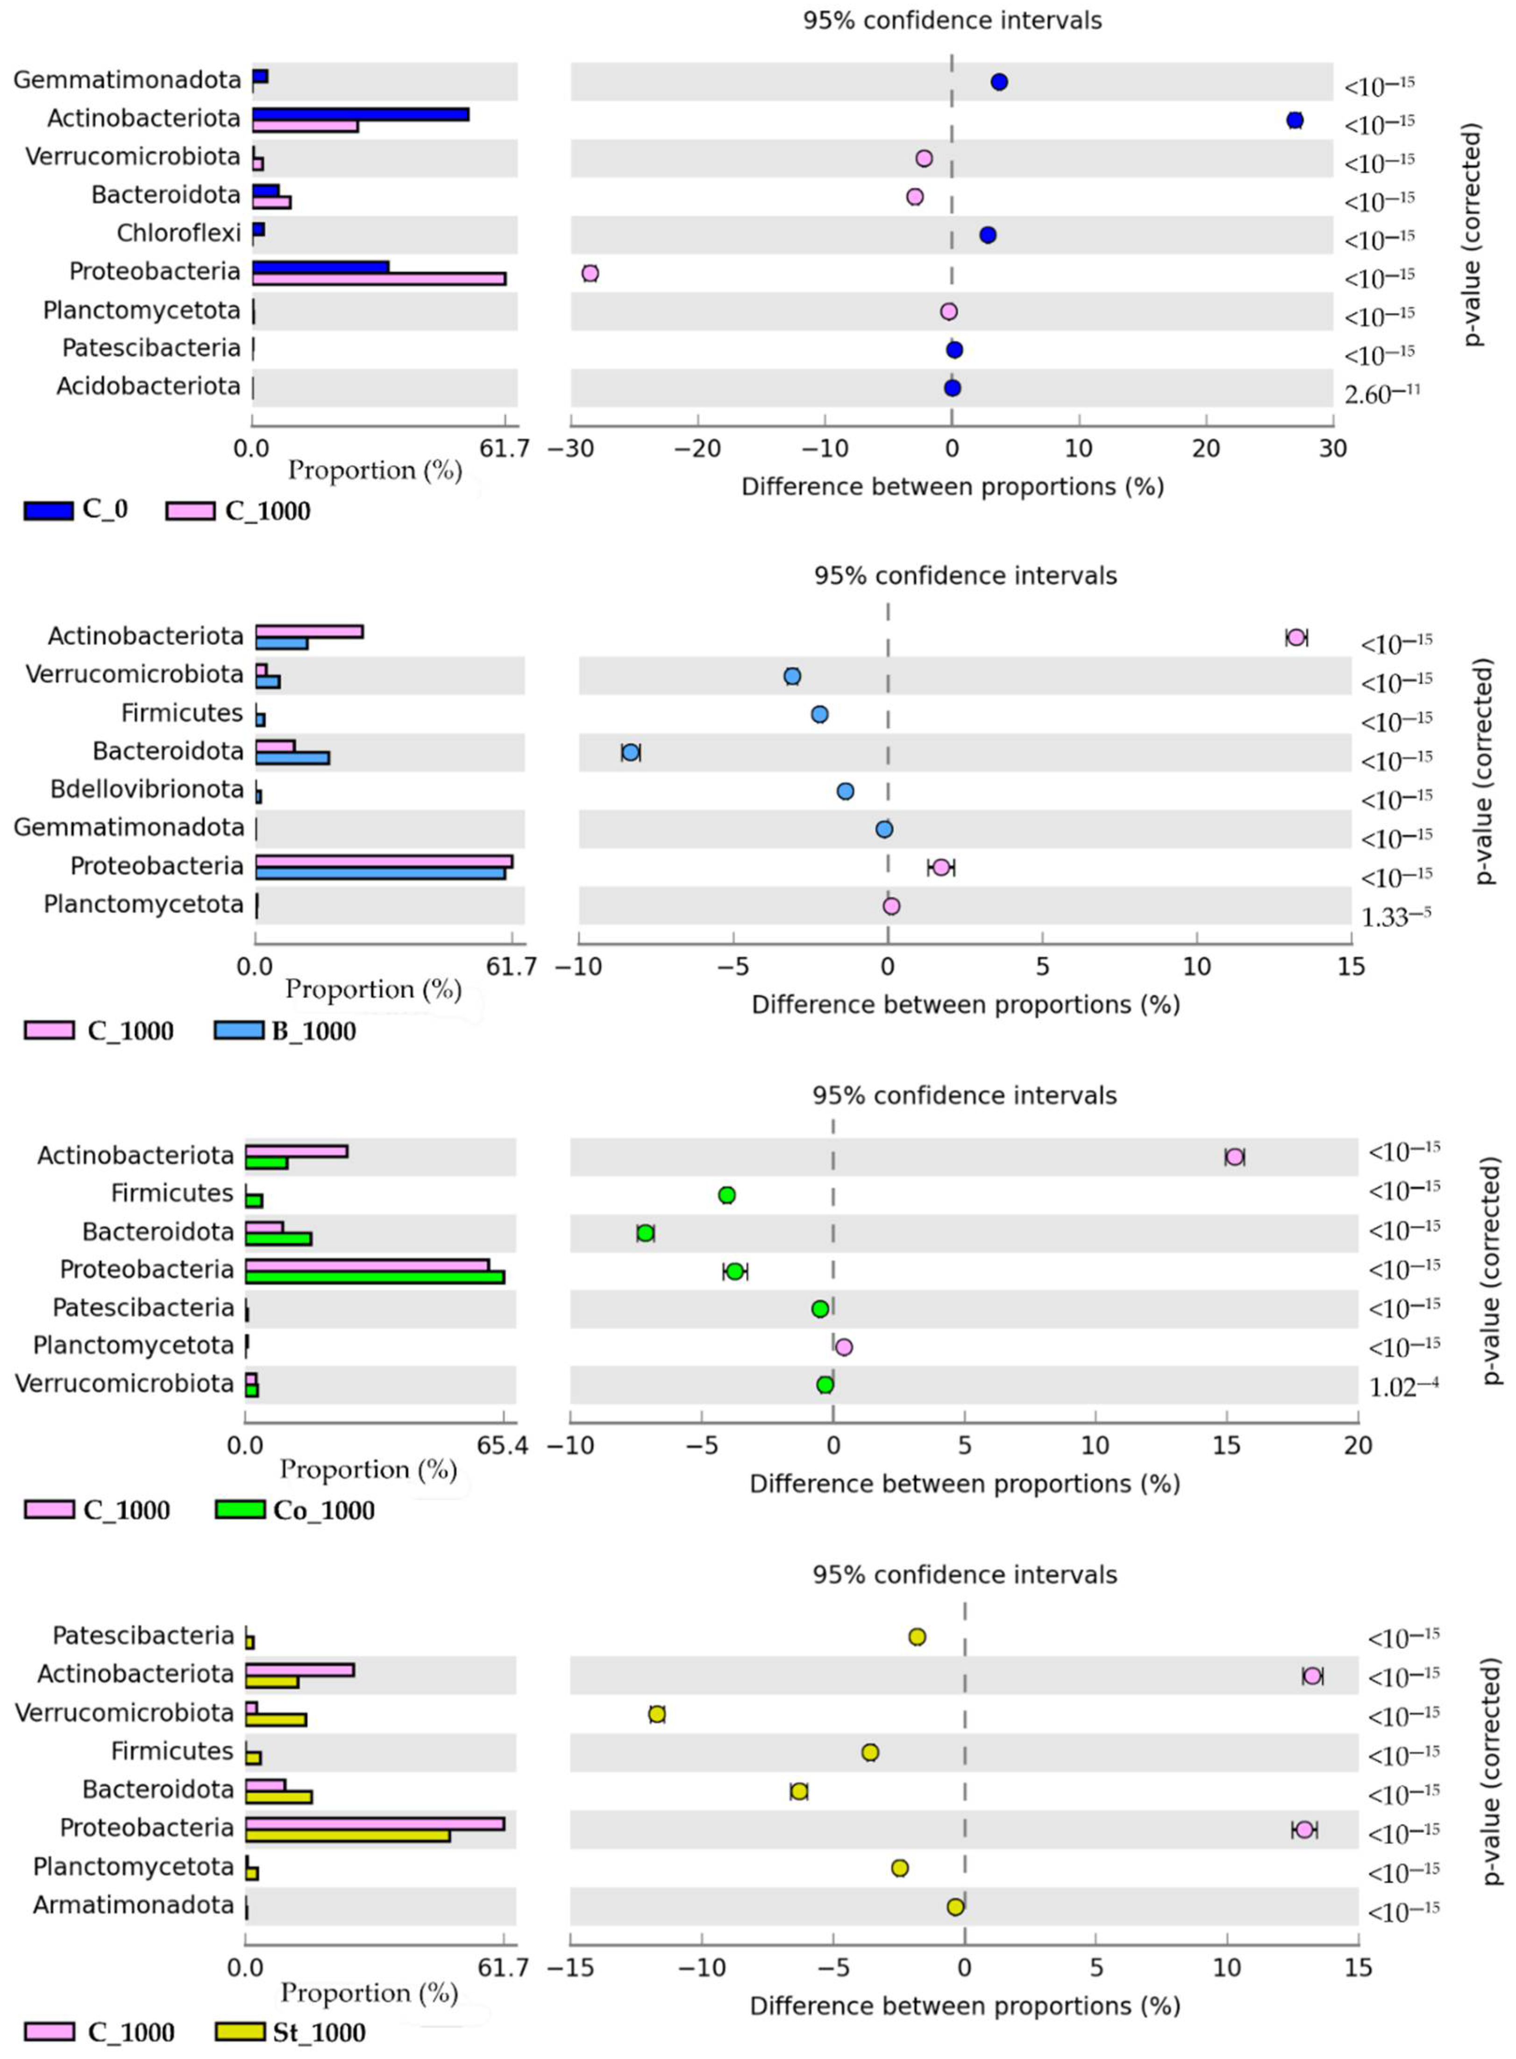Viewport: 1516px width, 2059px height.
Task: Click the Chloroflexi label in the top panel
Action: click(x=179, y=233)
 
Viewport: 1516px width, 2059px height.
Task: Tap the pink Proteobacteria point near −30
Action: click(x=590, y=273)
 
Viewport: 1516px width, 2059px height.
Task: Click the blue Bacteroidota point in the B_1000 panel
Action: click(x=630, y=753)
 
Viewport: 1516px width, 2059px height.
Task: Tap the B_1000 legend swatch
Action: click(x=239, y=1030)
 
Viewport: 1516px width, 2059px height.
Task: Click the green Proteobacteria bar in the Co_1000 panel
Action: click(x=374, y=1277)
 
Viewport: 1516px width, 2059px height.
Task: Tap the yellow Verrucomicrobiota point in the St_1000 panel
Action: click(x=657, y=1714)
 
